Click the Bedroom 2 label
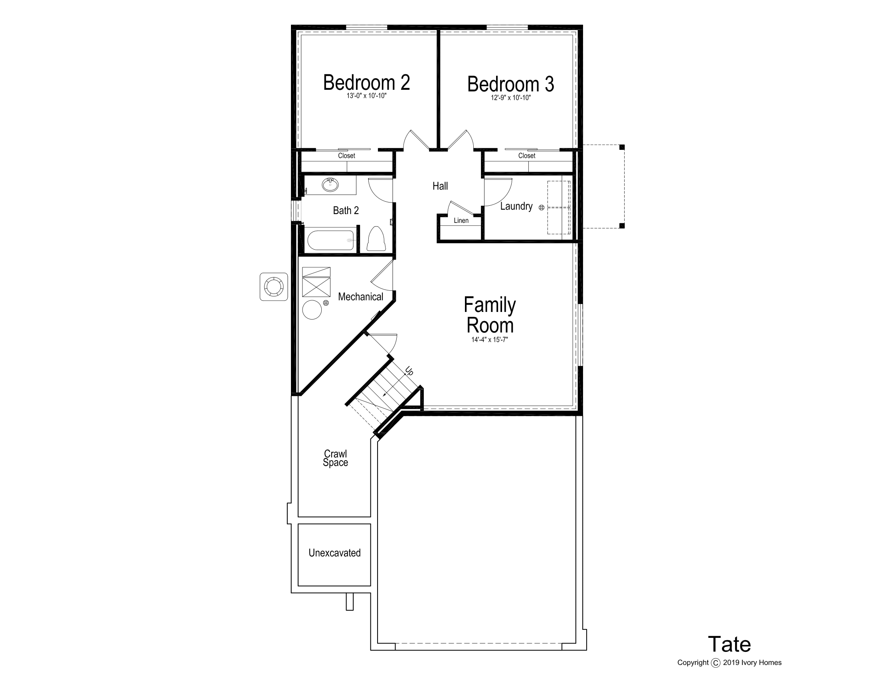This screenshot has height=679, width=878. click(366, 82)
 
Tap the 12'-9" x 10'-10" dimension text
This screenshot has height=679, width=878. click(510, 98)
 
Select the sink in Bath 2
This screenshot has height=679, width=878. click(330, 185)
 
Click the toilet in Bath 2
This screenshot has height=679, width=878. click(376, 238)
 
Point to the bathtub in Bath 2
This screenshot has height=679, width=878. click(331, 240)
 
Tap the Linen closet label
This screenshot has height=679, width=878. click(461, 220)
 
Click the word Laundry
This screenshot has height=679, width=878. click(516, 206)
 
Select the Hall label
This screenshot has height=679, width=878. click(440, 186)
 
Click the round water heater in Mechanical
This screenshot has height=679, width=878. click(312, 310)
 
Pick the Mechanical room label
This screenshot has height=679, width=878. click(361, 297)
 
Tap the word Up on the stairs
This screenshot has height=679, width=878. click(409, 371)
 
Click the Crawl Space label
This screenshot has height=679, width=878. click(335, 458)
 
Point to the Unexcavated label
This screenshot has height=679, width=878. click(334, 553)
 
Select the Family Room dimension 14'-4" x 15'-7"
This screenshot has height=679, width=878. click(490, 339)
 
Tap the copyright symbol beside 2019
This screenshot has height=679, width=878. click(716, 663)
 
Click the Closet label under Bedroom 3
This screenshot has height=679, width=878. click(527, 156)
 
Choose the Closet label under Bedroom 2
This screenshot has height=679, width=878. click(346, 156)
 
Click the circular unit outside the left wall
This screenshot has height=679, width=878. click(274, 287)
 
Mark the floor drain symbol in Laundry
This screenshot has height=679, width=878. click(542, 208)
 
